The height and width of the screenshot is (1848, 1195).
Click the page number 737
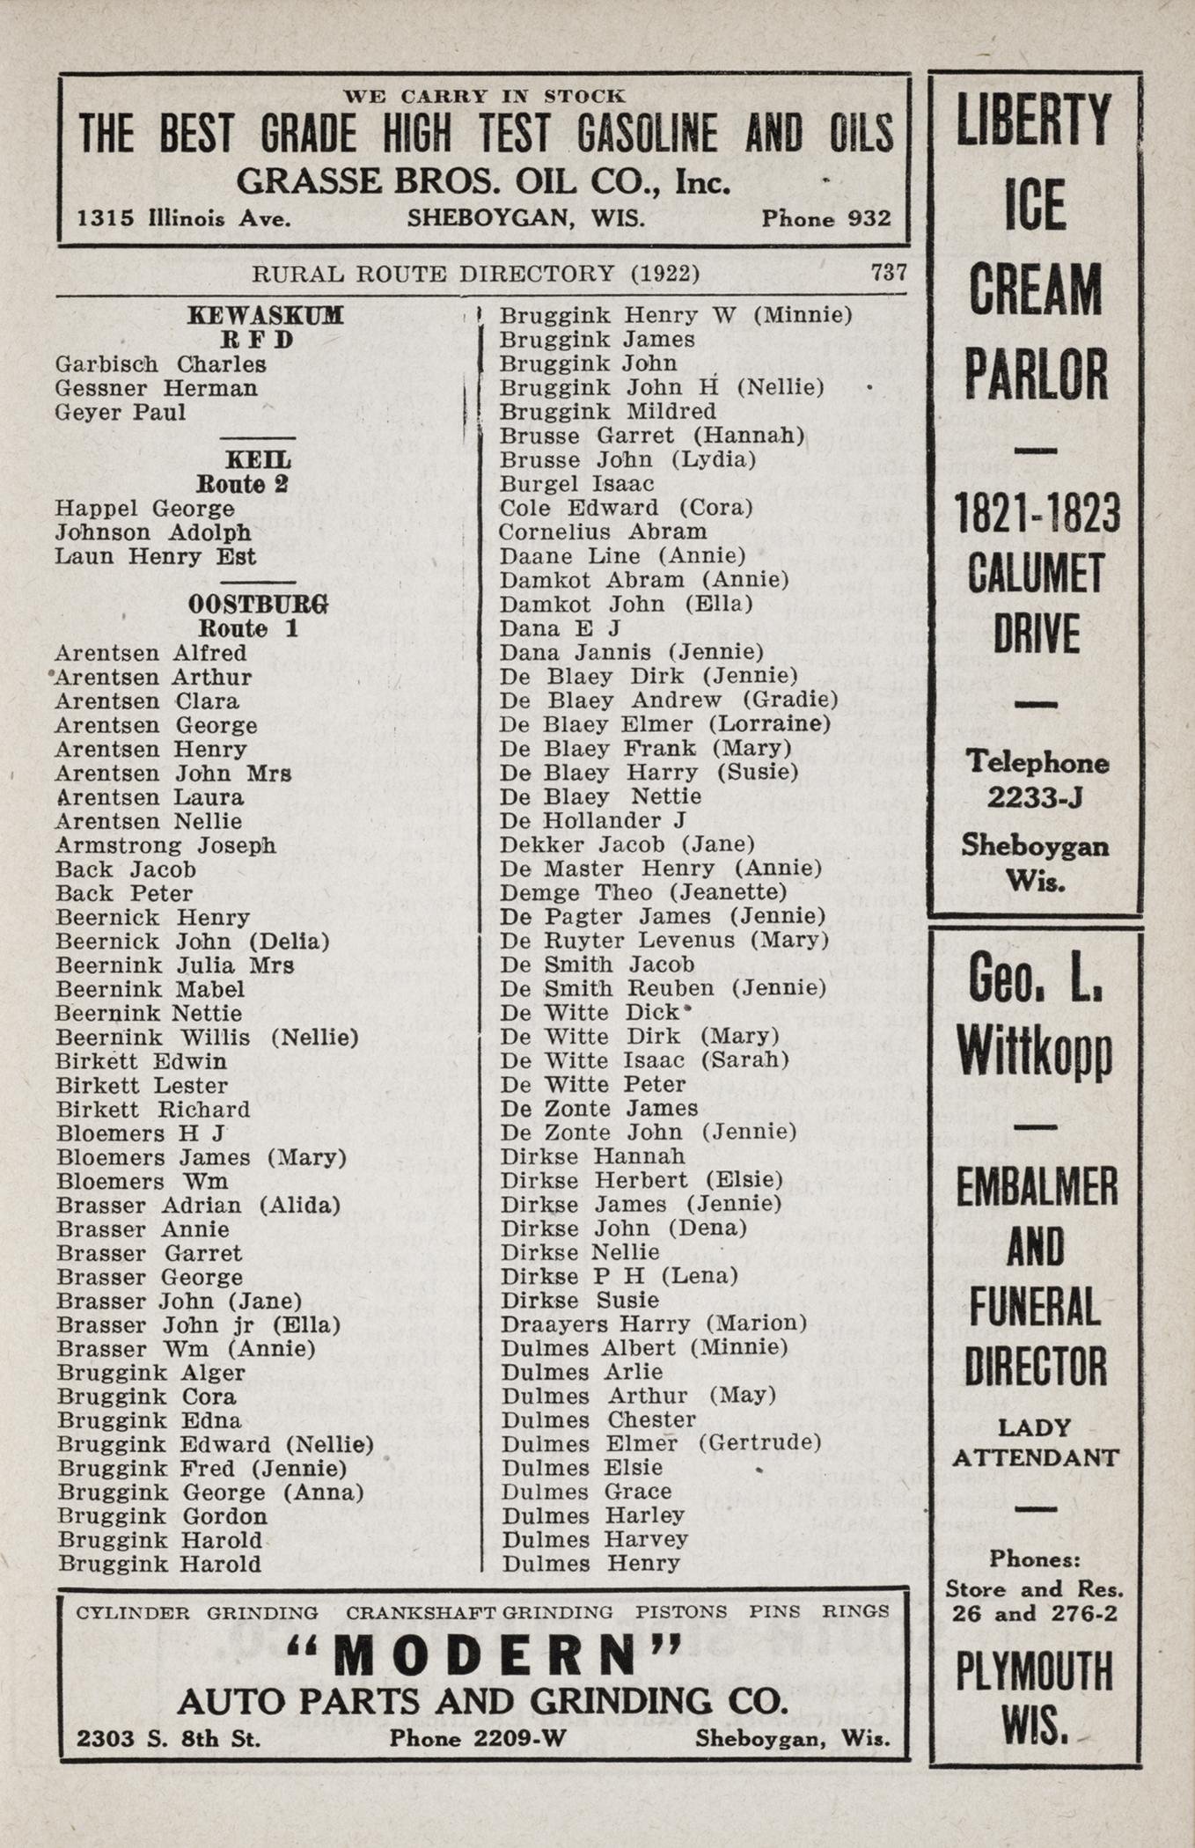click(888, 272)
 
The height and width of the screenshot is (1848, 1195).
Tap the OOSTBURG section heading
click(258, 605)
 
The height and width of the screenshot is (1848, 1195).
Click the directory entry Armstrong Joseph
click(165, 846)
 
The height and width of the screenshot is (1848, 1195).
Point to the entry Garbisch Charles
click(160, 364)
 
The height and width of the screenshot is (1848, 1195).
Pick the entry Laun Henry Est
click(155, 557)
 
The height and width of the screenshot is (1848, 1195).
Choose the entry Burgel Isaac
click(576, 484)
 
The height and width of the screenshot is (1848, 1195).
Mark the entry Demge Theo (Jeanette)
click(642, 892)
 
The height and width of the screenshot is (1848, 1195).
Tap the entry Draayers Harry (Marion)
click(653, 1324)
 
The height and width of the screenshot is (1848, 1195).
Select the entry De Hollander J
click(592, 820)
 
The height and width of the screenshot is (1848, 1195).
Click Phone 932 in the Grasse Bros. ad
click(825, 218)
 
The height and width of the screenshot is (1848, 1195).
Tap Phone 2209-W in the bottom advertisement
click(478, 1738)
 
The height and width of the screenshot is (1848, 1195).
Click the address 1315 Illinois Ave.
click(184, 218)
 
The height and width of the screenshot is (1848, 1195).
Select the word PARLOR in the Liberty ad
click(1035, 375)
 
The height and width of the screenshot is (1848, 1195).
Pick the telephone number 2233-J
click(1034, 797)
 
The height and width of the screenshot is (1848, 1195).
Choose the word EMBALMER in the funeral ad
click(1036, 1188)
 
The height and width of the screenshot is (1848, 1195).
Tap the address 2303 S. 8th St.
click(168, 1738)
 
